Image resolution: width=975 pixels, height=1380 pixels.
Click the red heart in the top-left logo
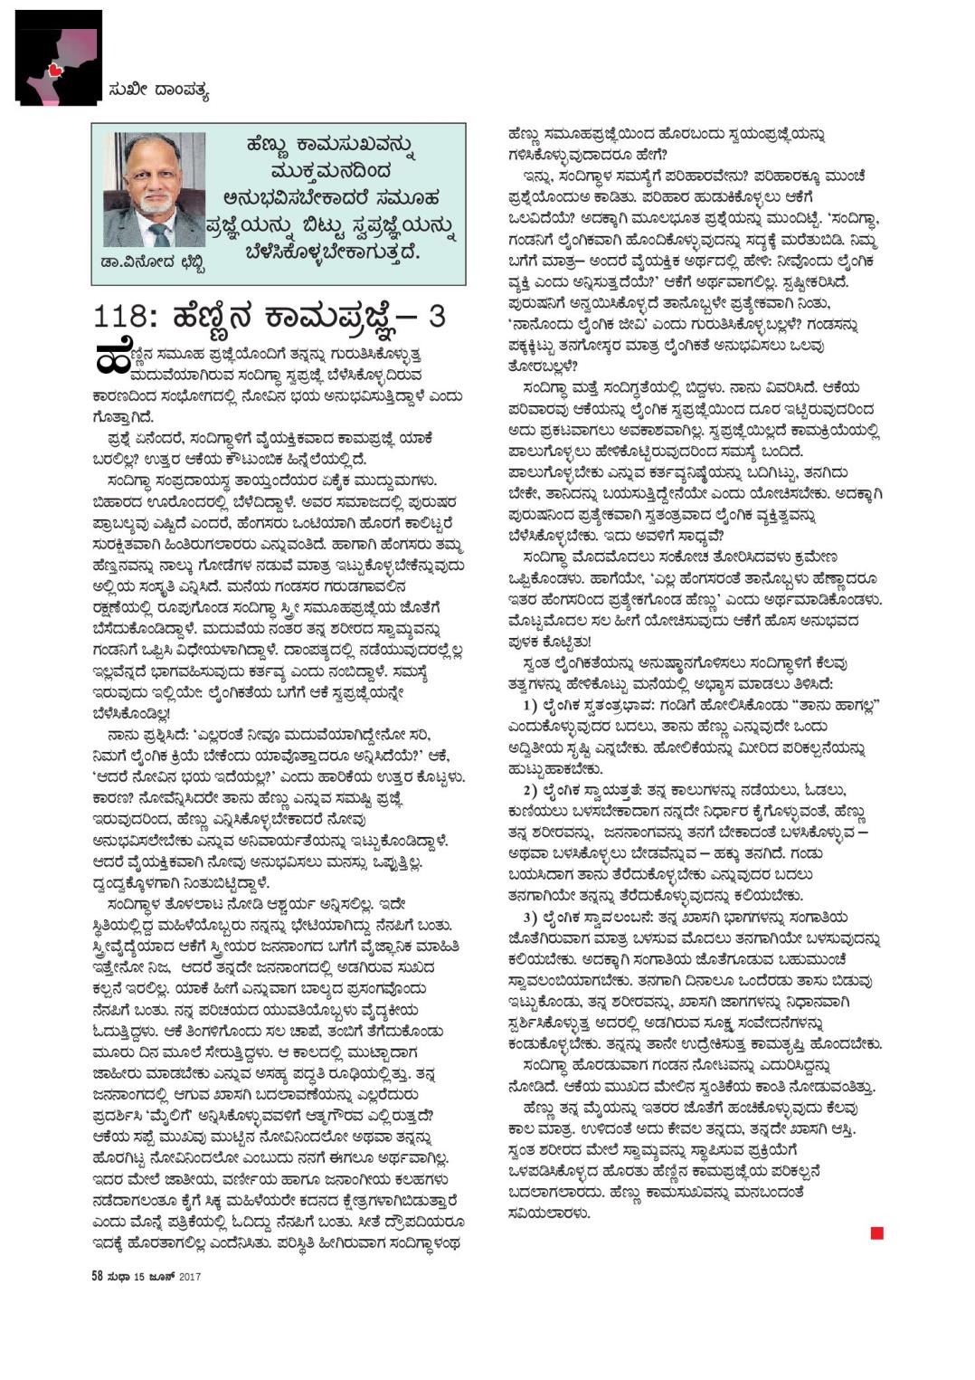click(55, 69)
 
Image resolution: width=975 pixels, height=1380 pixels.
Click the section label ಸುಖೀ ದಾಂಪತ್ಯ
click(158, 90)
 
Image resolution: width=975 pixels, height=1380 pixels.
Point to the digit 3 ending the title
click(437, 317)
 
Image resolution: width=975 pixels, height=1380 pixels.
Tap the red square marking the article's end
click(876, 1232)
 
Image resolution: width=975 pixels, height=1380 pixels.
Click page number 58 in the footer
click(97, 1277)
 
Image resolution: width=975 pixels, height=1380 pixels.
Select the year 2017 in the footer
click(189, 1277)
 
